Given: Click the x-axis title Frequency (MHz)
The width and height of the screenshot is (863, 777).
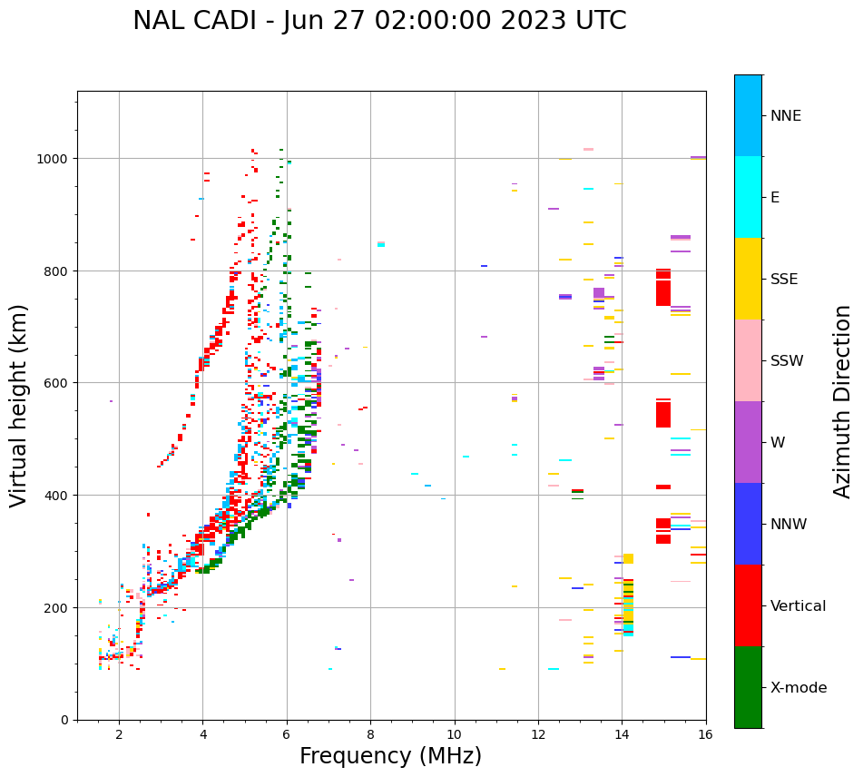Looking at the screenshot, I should (x=390, y=756).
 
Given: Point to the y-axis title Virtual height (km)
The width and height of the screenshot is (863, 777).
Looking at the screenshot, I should (x=19, y=405).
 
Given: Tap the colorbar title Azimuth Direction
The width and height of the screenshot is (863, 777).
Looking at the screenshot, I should (x=843, y=401).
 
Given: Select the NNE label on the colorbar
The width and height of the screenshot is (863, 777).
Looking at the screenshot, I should (x=786, y=116).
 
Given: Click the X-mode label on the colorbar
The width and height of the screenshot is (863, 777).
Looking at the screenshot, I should (x=799, y=688).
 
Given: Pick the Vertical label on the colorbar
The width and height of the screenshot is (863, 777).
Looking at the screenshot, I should (x=799, y=606).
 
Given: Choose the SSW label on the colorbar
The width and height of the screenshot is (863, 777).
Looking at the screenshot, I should (x=787, y=361).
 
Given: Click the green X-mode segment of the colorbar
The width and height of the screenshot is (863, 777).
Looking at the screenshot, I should (x=748, y=687).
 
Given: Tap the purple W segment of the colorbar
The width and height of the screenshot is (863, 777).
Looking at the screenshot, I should (x=748, y=442).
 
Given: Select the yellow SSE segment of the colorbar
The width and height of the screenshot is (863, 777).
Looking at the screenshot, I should (x=748, y=279).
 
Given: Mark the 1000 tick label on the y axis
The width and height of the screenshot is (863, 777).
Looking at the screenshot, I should (x=53, y=159).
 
